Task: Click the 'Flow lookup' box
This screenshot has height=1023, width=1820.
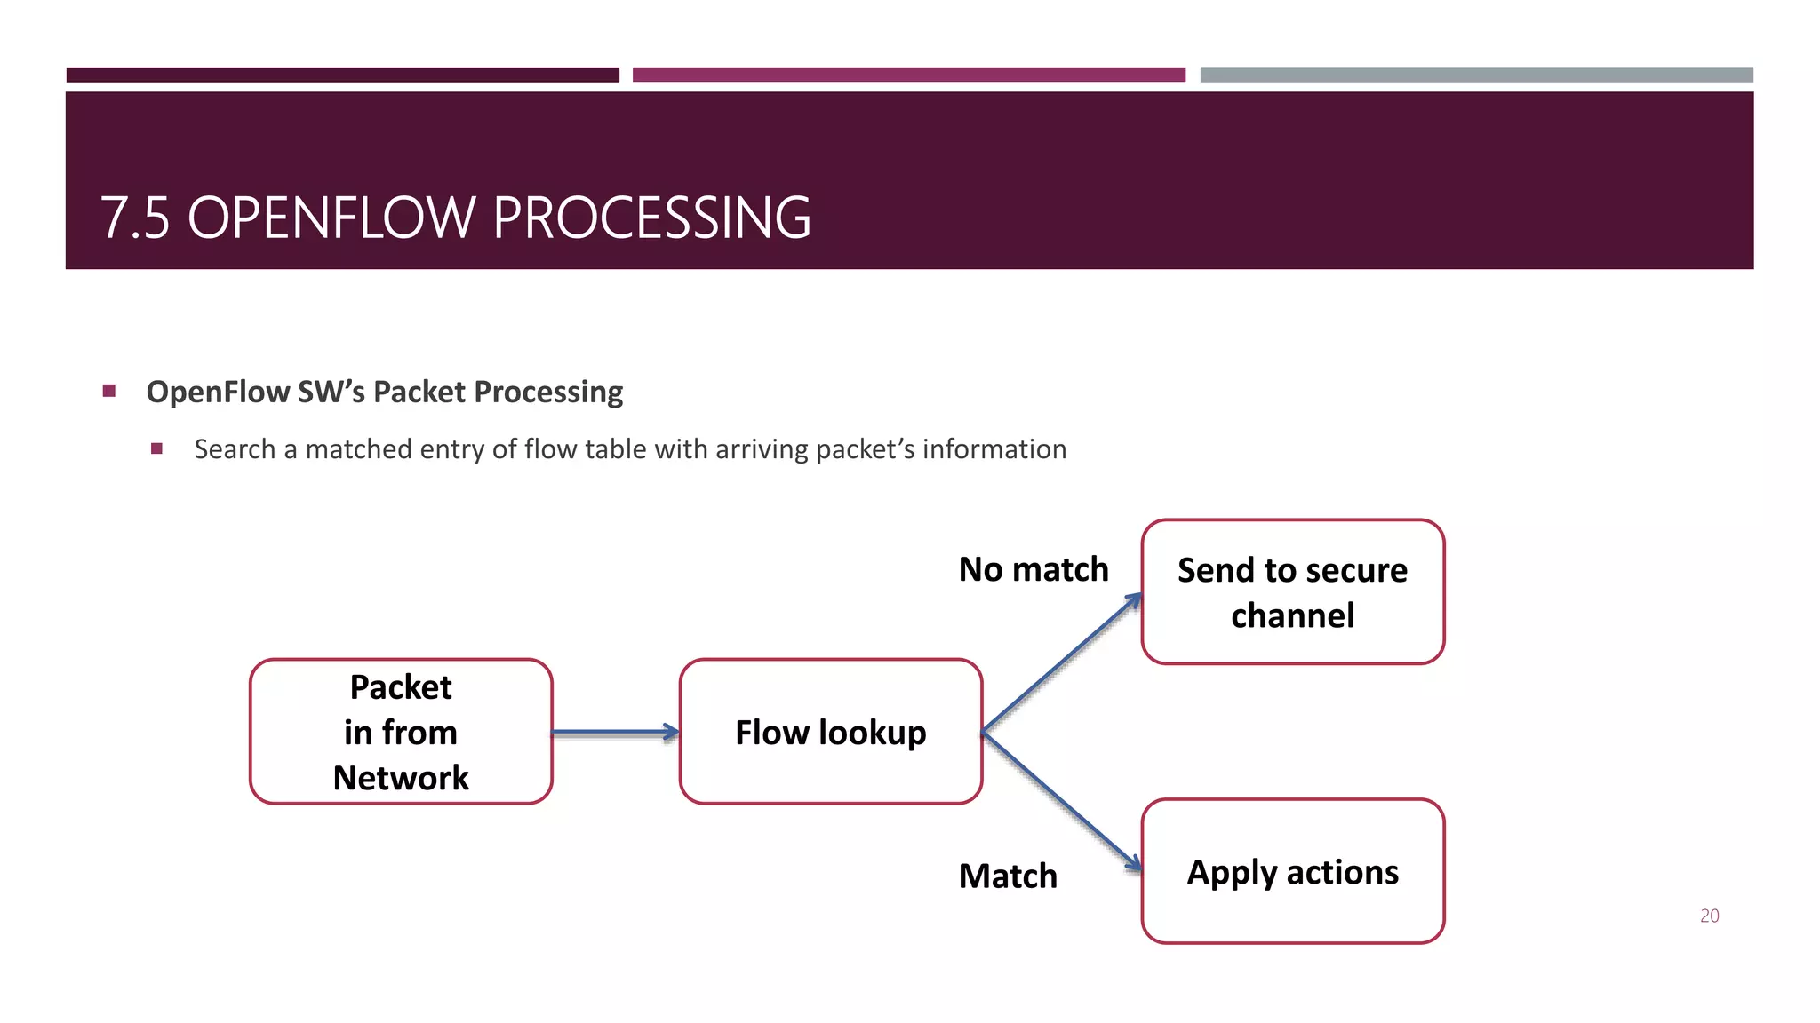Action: point(830,732)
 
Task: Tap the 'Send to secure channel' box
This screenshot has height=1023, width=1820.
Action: point(1292,591)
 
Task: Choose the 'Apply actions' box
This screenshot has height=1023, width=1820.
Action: point(1292,871)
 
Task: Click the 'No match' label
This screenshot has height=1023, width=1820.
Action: point(1033,569)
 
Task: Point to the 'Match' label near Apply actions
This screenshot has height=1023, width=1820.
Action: point(1008,876)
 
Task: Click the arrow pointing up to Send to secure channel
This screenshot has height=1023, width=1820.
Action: point(1062,662)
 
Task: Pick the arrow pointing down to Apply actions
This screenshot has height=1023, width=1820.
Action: point(1062,800)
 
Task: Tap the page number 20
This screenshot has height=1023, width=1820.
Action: point(1709,916)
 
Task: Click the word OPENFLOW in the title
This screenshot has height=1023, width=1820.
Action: point(331,218)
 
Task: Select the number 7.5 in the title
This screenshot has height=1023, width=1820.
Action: point(134,218)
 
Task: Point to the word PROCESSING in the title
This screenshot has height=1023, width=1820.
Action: point(651,218)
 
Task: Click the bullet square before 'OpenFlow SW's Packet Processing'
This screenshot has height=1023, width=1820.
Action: point(109,391)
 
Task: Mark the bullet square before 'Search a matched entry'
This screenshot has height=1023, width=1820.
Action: point(157,448)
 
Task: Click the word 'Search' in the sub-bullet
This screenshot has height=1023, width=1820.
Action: point(235,449)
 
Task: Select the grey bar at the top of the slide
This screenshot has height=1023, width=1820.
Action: point(1476,75)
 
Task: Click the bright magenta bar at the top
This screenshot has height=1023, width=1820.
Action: point(908,75)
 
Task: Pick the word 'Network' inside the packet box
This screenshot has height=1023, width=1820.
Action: point(401,778)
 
